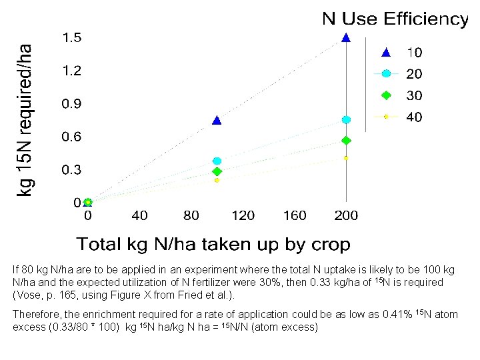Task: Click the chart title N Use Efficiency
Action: point(395,19)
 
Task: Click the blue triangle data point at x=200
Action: point(345,38)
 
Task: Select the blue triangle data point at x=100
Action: point(216,121)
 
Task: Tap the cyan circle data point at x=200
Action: point(346,120)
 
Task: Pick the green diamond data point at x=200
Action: point(346,141)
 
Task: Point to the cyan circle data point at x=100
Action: point(217,161)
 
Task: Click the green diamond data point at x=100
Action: point(217,172)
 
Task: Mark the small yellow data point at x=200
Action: point(346,158)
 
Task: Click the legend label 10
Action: point(414,52)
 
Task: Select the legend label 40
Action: point(414,117)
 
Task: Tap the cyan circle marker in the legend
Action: point(385,73)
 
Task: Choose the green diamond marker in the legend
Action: point(385,95)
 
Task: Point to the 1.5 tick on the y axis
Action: point(72,38)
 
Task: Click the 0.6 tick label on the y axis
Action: point(72,137)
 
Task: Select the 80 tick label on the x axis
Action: point(191,215)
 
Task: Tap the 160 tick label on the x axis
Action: point(294,215)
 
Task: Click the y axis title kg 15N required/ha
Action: point(25,121)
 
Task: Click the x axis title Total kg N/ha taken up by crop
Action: point(213,245)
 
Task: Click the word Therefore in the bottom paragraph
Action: point(35,314)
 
